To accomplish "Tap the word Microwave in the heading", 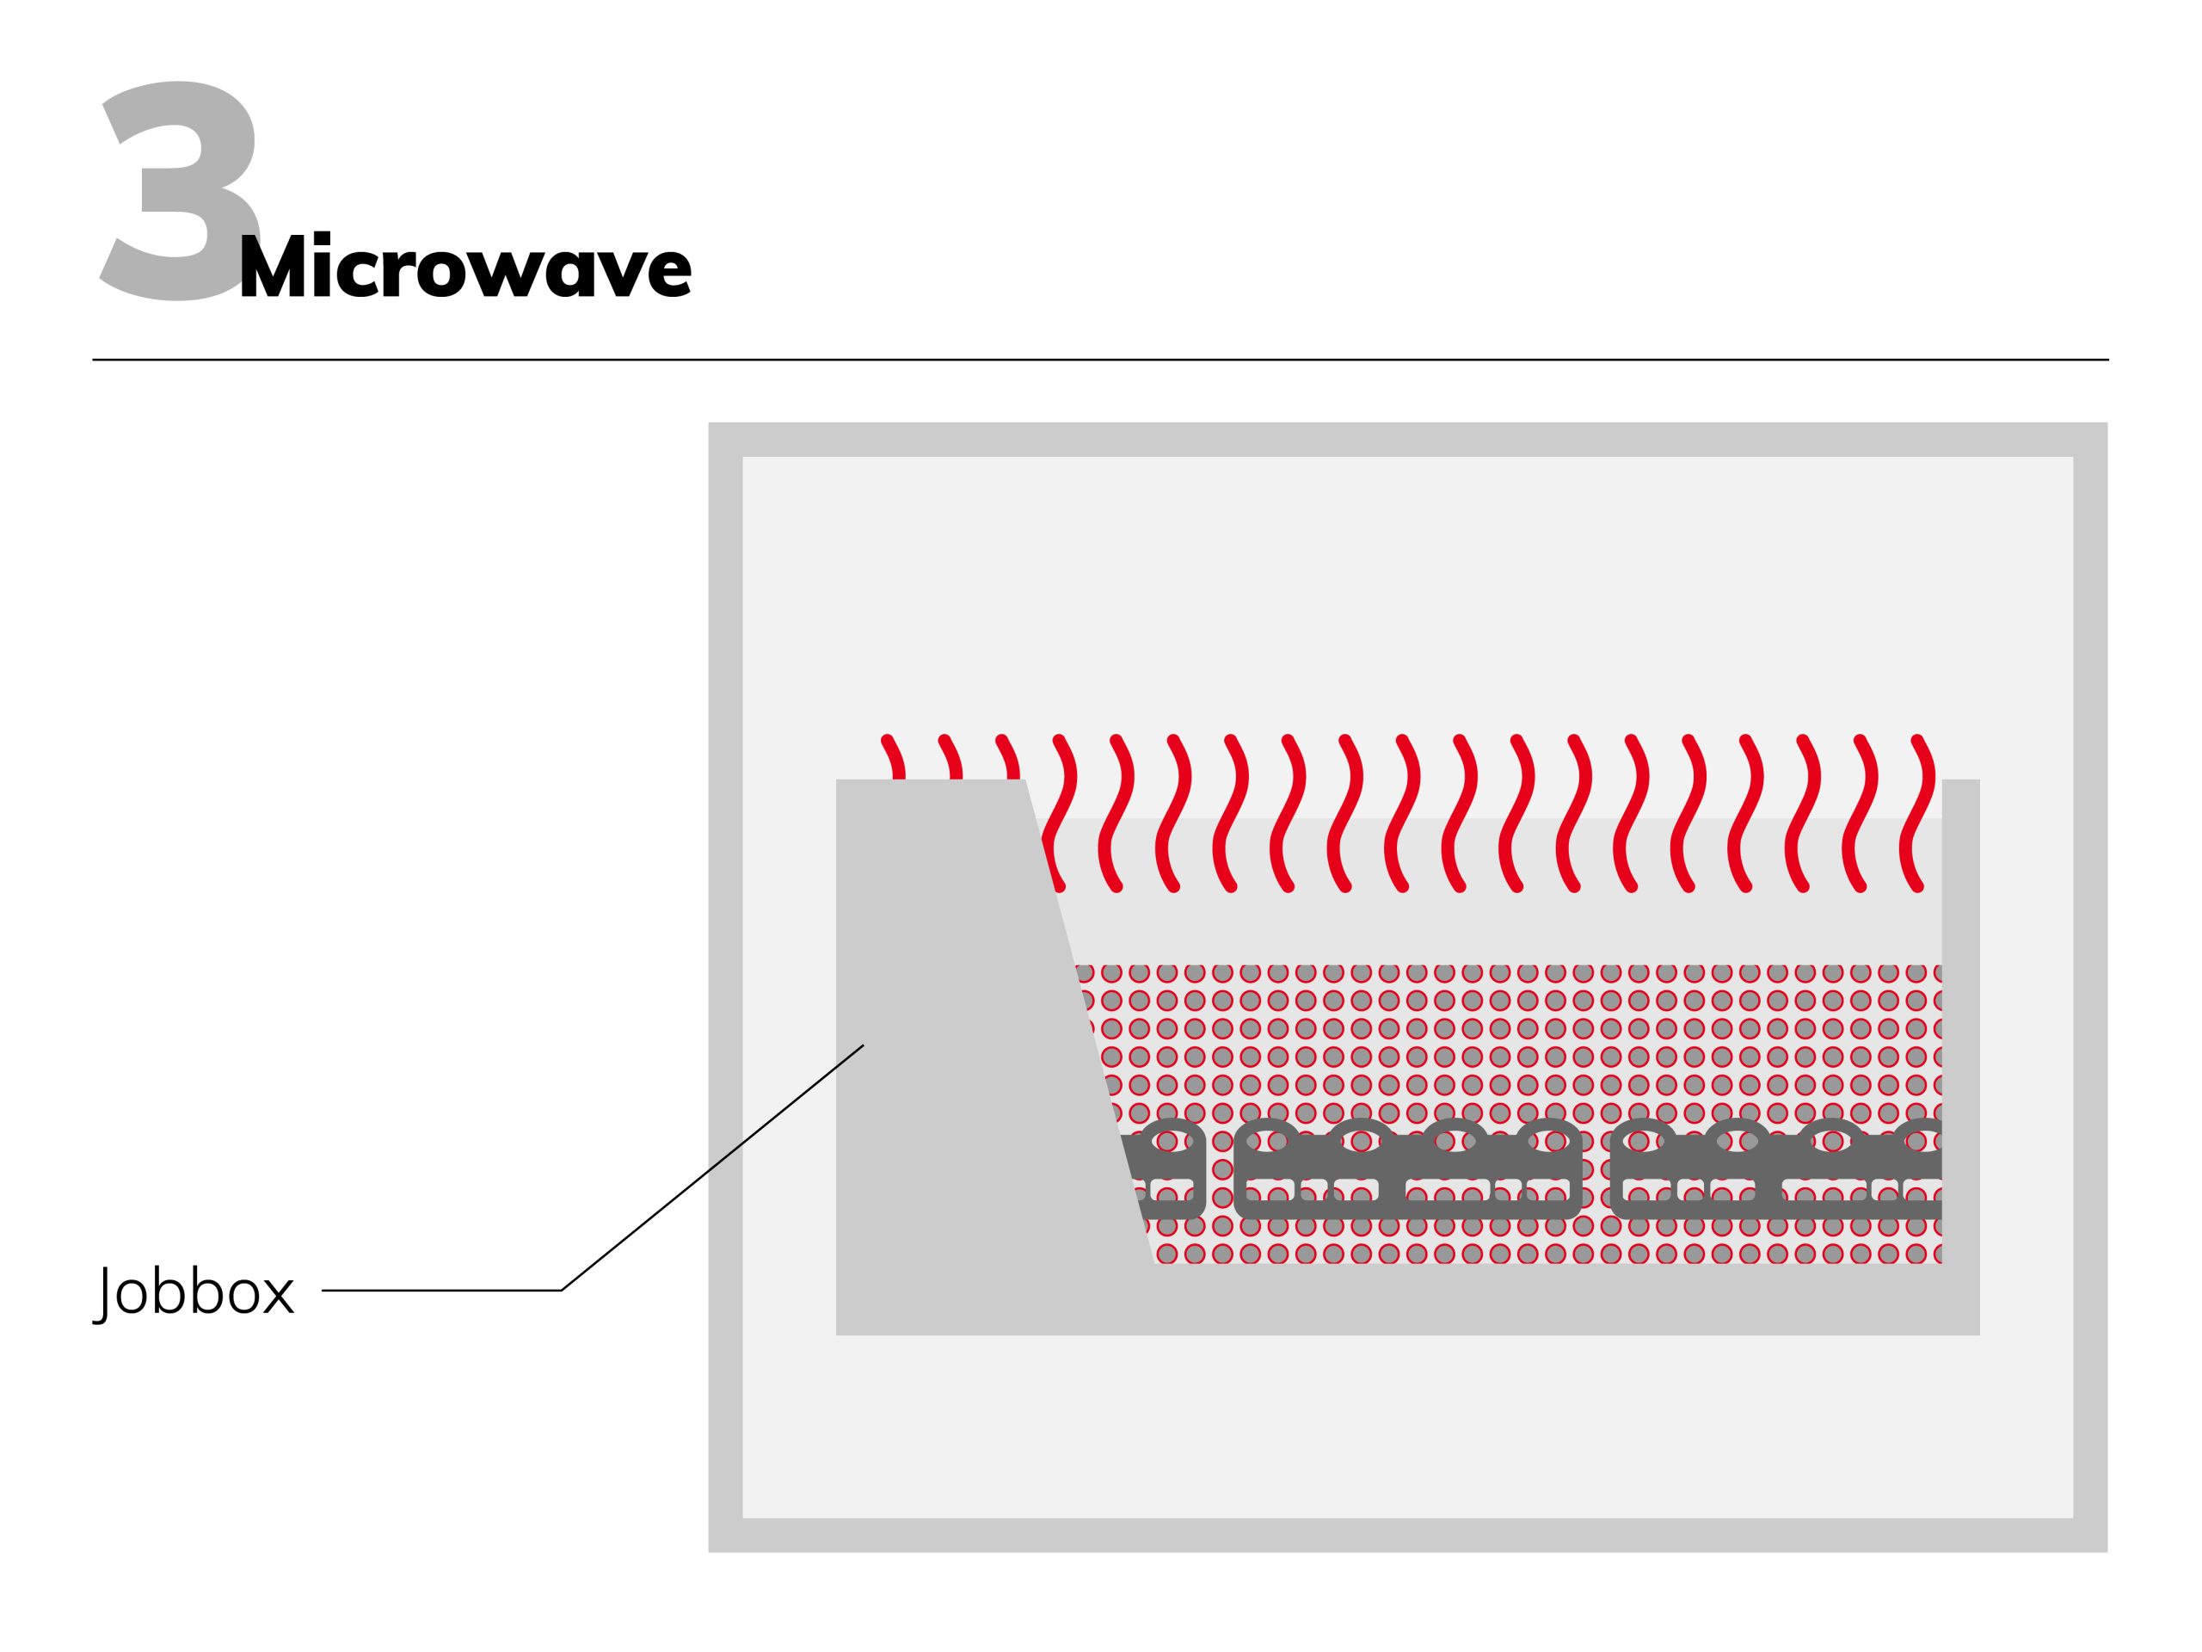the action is click(x=464, y=266).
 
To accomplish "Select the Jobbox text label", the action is click(x=194, y=1291).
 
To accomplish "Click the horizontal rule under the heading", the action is click(x=1100, y=360).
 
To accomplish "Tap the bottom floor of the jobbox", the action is click(x=1407, y=1299).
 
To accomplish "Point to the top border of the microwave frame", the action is click(x=1407, y=439).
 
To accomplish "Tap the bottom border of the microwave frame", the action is click(x=1407, y=1534).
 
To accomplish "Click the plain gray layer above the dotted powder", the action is click(x=1493, y=926).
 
